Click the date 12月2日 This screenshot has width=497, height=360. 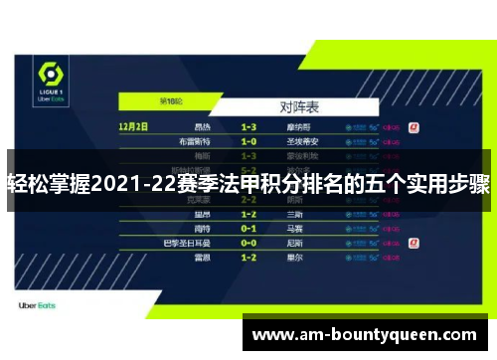[x=132, y=127]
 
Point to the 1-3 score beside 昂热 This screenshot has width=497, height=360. [x=248, y=127]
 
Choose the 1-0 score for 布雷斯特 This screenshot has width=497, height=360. [x=248, y=141]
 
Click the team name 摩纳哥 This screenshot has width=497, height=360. [x=299, y=127]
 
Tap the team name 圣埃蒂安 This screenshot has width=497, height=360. [x=302, y=141]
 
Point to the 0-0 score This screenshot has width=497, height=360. [x=248, y=242]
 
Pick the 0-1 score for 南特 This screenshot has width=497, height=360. [x=248, y=228]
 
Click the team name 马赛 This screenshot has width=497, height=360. [x=295, y=228]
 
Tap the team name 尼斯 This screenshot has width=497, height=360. [x=295, y=242]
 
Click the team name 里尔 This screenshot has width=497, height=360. [x=295, y=257]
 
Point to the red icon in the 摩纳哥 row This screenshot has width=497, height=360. [x=414, y=127]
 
